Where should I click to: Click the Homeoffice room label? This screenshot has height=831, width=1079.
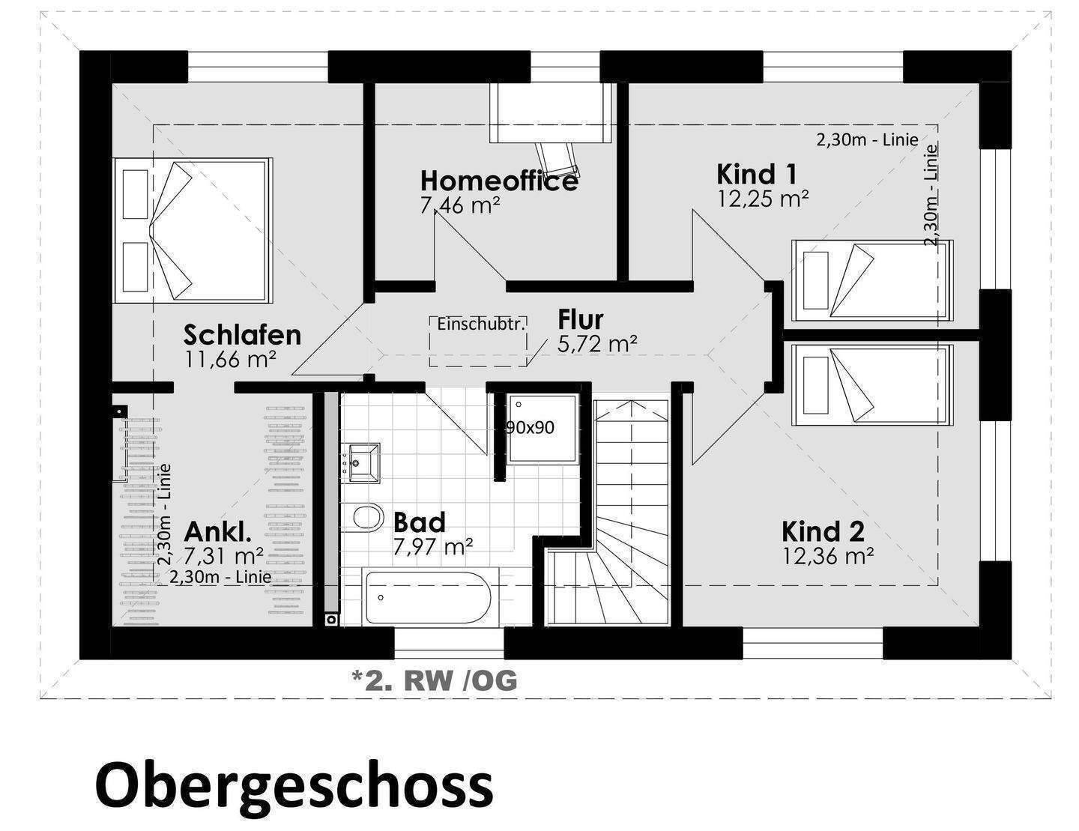[x=498, y=181]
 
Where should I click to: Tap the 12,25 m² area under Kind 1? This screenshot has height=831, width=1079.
[x=762, y=199]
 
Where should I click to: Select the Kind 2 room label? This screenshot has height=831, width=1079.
[x=823, y=531]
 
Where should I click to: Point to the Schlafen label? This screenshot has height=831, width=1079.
[x=242, y=334]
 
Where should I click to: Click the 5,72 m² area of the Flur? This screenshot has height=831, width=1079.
[x=597, y=344]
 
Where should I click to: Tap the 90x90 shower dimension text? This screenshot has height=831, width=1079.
[x=530, y=427]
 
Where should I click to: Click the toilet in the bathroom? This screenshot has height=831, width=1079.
[x=366, y=517]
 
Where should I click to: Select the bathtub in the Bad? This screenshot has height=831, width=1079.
[x=427, y=597]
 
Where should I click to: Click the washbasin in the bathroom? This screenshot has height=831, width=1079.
[x=363, y=461]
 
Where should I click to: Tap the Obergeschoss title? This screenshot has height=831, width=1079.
[x=294, y=785]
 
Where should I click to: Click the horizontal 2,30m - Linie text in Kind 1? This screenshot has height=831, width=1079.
[x=867, y=139]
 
